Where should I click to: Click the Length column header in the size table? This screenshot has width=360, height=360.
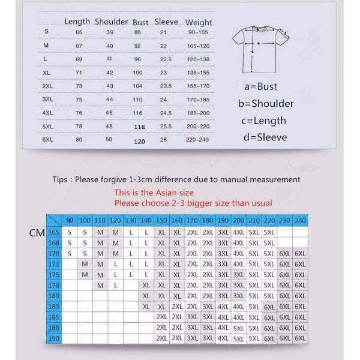77,22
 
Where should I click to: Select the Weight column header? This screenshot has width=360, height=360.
198,22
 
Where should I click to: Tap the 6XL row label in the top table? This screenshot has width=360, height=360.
47,140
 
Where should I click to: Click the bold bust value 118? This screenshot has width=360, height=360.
140,127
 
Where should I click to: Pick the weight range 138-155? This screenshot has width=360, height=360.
198,71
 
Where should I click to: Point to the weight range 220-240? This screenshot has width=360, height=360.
198,140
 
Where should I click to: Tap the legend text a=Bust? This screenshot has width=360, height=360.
260,86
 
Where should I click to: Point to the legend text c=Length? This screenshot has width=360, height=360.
264,121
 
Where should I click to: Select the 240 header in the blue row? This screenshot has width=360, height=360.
300,220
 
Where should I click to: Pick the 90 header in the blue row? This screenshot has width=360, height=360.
70,220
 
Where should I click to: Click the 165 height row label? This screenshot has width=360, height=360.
54,232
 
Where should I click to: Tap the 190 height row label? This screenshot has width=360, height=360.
54,338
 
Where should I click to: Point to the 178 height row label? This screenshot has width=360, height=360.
54,286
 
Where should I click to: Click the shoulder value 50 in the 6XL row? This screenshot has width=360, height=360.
109,140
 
